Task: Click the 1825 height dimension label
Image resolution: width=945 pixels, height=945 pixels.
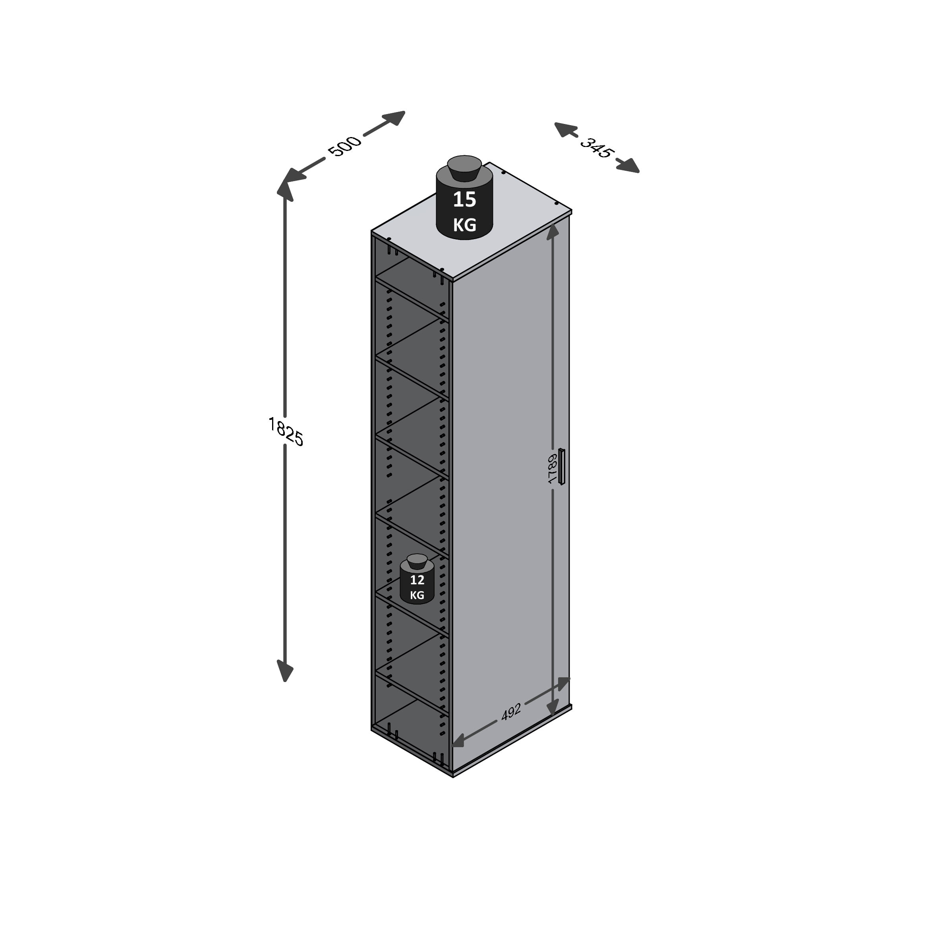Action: tap(286, 431)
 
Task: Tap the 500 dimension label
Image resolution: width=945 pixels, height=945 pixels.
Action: tap(345, 146)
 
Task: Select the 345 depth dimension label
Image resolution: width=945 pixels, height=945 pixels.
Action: tap(596, 148)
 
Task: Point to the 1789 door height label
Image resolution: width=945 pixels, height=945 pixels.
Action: tap(552, 469)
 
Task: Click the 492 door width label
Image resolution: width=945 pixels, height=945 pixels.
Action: tap(511, 712)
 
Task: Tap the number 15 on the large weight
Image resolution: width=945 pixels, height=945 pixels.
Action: tap(464, 199)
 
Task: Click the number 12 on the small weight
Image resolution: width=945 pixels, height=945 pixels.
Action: tap(417, 580)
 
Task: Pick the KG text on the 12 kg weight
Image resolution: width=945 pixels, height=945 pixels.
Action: tap(417, 595)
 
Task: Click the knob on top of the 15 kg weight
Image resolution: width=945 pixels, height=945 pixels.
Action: tap(464, 167)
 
